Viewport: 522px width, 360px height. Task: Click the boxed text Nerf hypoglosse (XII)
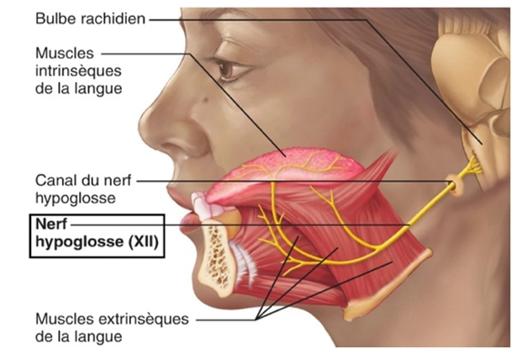(x=96, y=235)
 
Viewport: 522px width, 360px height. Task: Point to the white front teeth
(x=203, y=207)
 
